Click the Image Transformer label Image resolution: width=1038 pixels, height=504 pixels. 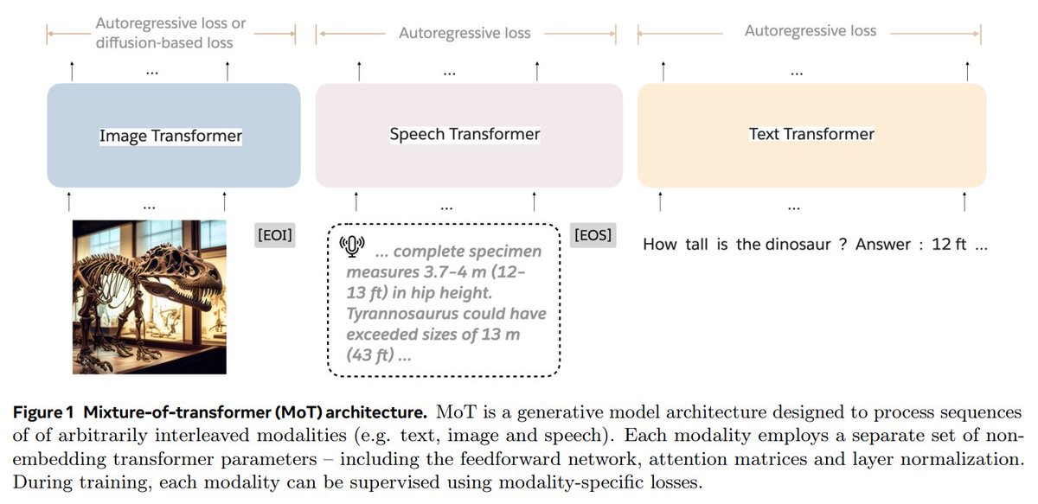coord(170,136)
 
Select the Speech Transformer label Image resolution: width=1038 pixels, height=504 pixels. coord(465,134)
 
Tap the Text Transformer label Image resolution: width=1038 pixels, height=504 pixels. coord(811,134)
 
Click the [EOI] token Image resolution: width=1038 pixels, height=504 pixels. coord(275,235)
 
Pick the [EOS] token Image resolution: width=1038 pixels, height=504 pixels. coord(593,235)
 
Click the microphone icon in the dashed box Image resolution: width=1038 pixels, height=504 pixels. coord(352,246)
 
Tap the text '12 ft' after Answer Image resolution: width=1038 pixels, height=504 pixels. coord(949,244)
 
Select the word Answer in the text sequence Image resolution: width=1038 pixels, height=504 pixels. coord(883,244)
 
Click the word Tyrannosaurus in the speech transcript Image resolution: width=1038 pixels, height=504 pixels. coord(402,314)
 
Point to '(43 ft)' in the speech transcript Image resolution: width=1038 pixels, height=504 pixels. coord(370,355)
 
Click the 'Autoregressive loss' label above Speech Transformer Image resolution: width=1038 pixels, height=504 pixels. coord(465,33)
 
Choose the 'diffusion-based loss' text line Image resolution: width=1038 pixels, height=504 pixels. coord(164,42)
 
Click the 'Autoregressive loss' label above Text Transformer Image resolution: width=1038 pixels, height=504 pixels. coord(811,30)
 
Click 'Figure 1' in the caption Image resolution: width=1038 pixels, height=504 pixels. coord(43,412)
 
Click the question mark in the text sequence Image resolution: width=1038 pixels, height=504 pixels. coord(843,244)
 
